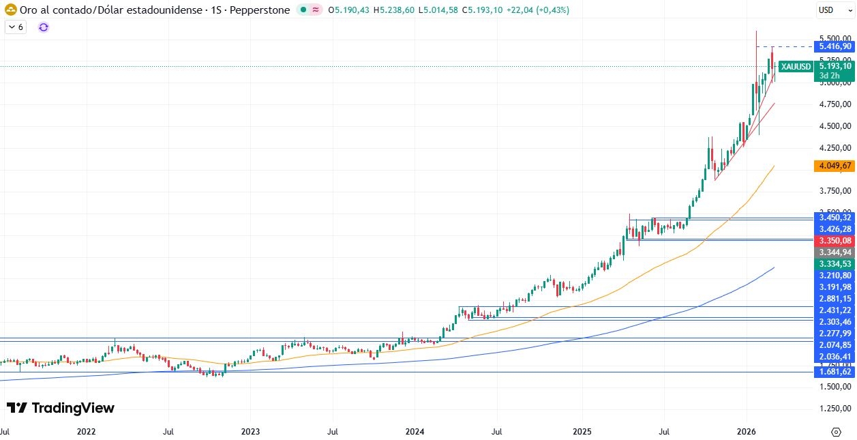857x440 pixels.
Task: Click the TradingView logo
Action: [61, 408]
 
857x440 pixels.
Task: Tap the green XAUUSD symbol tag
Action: [796, 66]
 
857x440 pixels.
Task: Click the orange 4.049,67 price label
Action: [834, 166]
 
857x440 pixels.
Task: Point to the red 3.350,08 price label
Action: [834, 240]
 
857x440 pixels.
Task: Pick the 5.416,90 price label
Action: [834, 46]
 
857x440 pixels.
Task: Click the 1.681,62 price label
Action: [834, 372]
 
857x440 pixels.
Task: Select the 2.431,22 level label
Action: [834, 310]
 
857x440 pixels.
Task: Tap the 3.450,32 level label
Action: [834, 217]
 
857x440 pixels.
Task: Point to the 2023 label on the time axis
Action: [250, 432]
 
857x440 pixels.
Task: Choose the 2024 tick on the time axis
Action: [415, 432]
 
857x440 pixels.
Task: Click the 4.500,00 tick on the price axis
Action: [834, 126]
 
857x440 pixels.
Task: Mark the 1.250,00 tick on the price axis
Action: [834, 409]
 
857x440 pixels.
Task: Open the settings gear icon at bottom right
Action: [836, 432]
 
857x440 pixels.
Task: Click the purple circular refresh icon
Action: [44, 27]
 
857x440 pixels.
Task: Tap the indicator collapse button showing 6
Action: [16, 27]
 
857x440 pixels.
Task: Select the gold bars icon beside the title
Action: [11, 10]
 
